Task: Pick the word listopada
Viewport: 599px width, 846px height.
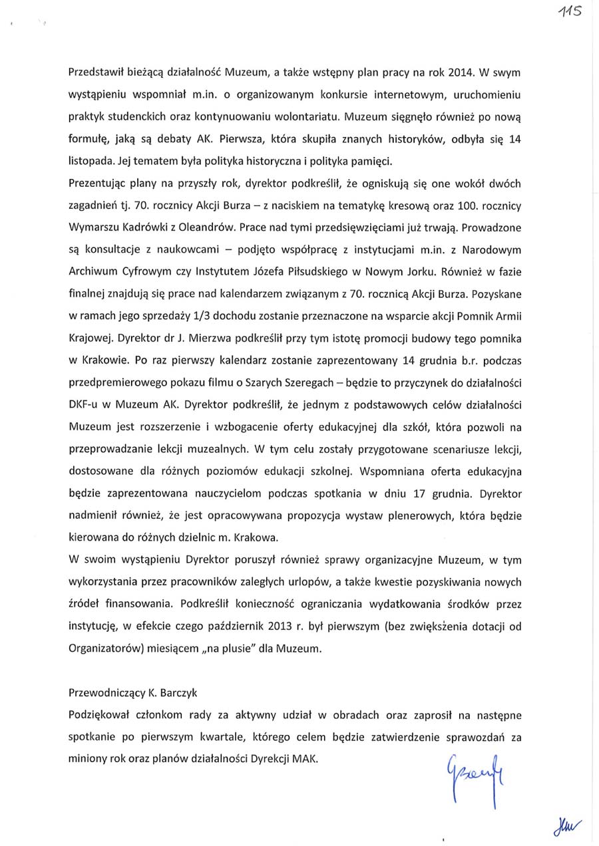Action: pos(91,160)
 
